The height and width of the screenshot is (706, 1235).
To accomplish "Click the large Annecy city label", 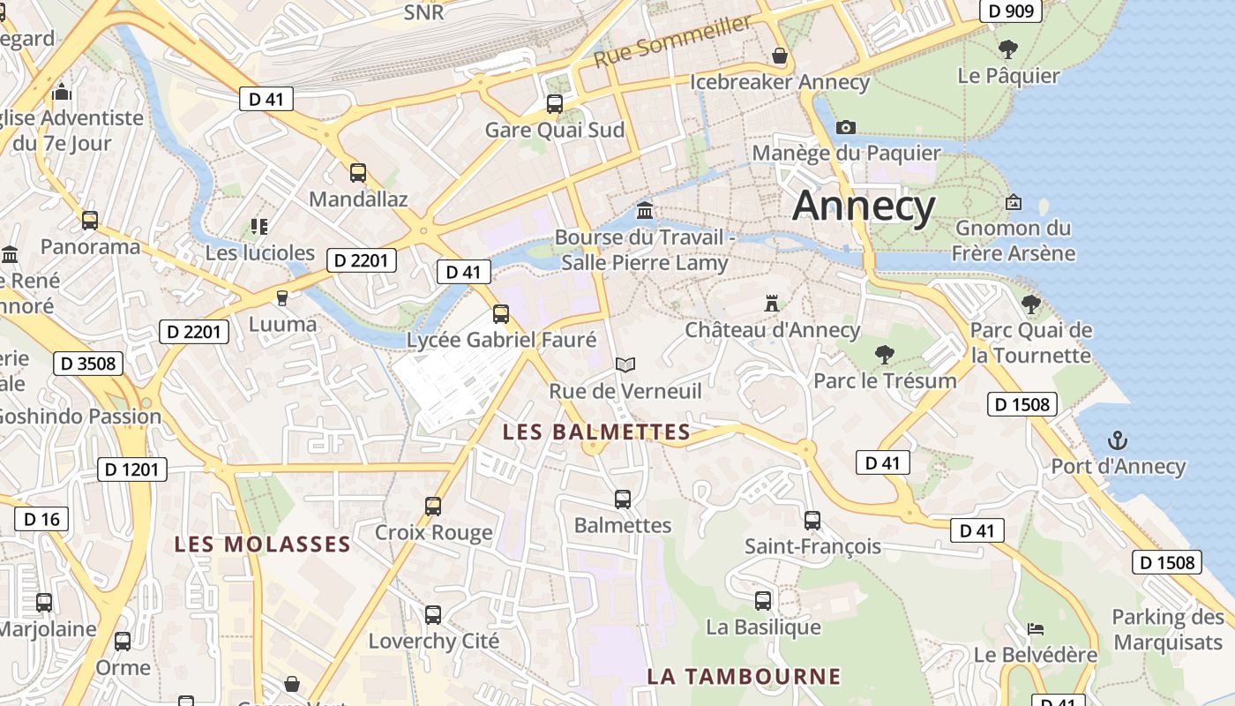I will tap(863, 207).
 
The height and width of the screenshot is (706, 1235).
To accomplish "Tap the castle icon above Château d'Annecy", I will tap(772, 304).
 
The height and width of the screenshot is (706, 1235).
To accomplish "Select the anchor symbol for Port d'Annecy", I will tap(1118, 439).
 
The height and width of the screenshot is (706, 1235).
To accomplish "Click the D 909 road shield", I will tap(1011, 11).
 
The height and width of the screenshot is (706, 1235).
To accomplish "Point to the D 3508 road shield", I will tap(88, 364).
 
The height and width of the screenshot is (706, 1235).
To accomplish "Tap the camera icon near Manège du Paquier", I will tap(845, 127).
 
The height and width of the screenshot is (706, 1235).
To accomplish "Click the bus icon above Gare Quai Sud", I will tap(555, 103).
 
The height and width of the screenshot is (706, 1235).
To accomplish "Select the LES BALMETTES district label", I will tap(596, 432).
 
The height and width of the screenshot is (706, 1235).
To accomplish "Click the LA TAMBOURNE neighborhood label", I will tap(744, 677).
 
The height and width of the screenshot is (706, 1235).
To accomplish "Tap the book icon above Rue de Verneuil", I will tap(625, 364).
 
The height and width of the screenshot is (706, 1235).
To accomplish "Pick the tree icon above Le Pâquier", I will tap(1008, 49).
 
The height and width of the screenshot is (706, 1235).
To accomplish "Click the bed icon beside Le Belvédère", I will tap(1036, 628).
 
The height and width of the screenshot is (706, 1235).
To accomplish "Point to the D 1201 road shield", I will tap(132, 469).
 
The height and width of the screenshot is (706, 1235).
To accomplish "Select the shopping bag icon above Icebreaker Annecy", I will tap(780, 56).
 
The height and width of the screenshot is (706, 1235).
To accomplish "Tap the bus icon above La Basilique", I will tap(763, 601).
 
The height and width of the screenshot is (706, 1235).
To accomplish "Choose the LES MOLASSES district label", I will tap(263, 544).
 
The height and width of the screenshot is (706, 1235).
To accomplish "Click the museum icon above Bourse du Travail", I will tap(645, 211).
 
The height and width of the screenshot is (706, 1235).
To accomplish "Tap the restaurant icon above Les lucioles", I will tap(259, 227).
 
